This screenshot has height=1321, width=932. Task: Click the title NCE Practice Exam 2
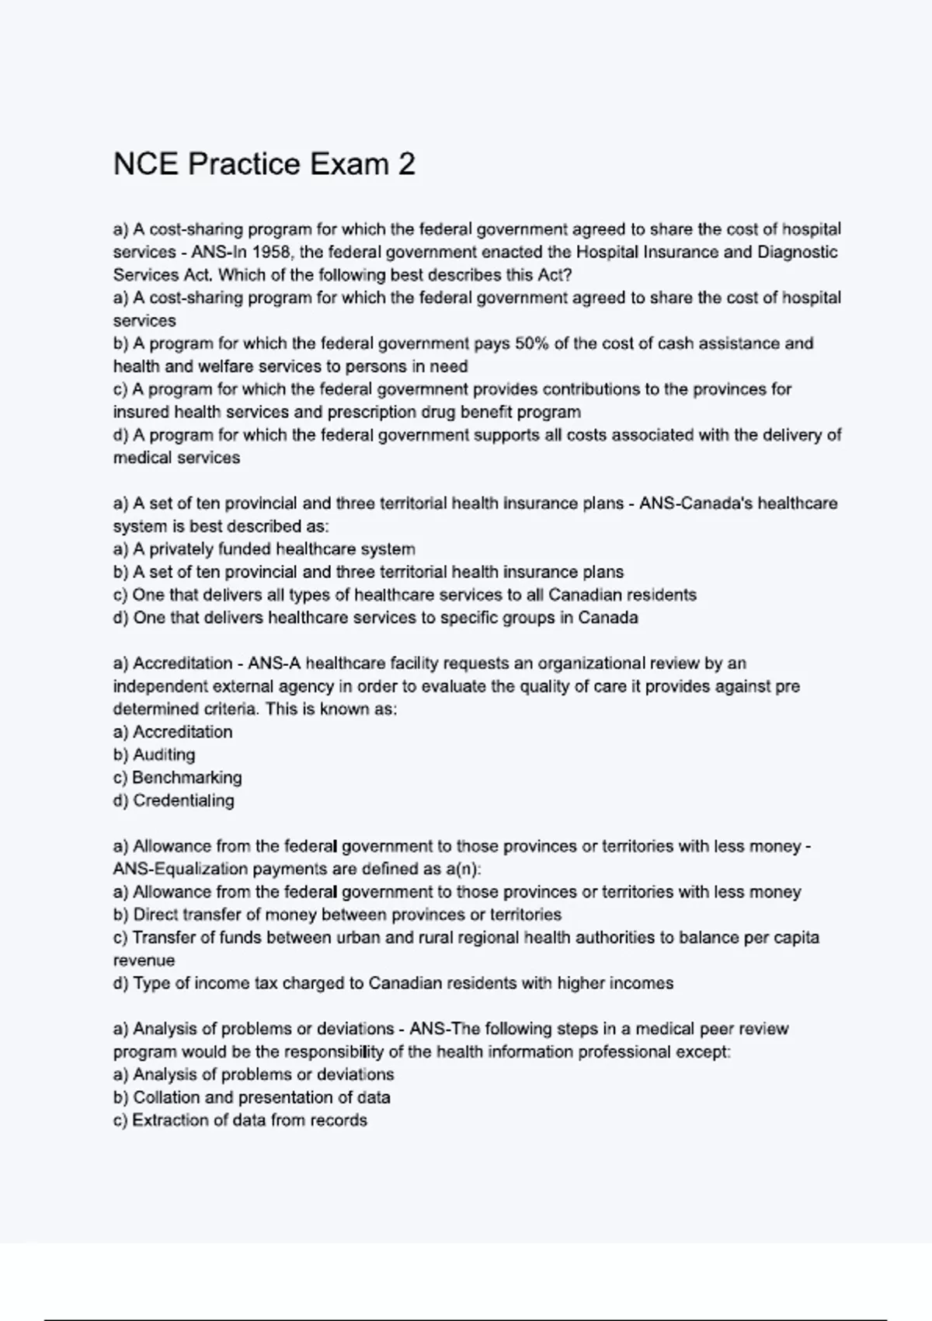click(x=264, y=164)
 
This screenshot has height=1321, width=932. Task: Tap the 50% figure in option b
click(x=531, y=343)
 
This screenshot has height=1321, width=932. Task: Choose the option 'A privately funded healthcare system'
click(x=264, y=549)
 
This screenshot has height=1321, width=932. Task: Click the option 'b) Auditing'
click(x=154, y=755)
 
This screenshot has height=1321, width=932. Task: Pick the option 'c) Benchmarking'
click(x=177, y=778)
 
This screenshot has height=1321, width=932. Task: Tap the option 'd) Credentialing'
click(x=173, y=800)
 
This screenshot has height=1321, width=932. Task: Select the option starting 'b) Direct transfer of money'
click(x=337, y=915)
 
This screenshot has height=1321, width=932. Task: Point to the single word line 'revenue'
click(x=144, y=960)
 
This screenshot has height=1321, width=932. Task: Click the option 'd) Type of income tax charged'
click(x=393, y=983)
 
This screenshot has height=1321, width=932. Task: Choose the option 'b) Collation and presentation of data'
click(x=252, y=1097)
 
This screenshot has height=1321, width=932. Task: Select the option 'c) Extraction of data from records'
click(x=240, y=1121)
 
